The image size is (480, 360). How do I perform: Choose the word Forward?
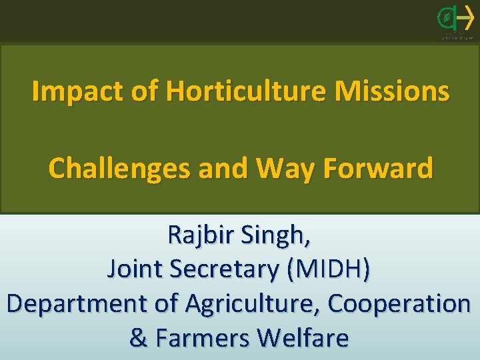click(x=379, y=169)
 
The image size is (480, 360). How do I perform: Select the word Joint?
click(x=135, y=269)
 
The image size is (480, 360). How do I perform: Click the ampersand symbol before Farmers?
click(x=139, y=338)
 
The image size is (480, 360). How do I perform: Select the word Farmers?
click(x=203, y=338)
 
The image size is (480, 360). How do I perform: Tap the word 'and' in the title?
click(x=225, y=169)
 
